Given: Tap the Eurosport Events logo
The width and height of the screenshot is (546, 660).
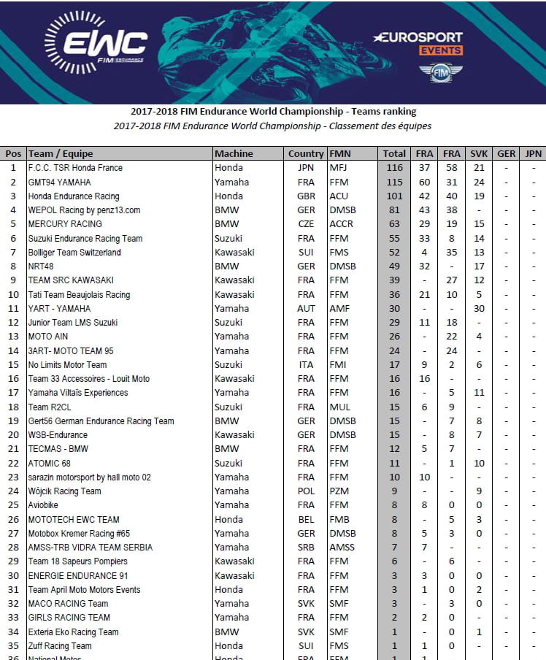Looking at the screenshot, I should [x=418, y=43].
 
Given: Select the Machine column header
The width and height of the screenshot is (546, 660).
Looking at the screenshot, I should [x=234, y=153].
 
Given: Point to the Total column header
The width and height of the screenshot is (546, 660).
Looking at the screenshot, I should [x=394, y=153].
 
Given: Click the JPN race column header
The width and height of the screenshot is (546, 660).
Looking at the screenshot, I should [x=534, y=153].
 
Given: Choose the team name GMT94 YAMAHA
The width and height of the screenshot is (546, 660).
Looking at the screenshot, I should [x=62, y=182].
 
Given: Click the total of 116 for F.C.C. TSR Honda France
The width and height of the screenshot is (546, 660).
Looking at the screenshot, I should [x=394, y=168].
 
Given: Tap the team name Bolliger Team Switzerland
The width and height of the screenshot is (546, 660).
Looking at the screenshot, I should [x=74, y=253].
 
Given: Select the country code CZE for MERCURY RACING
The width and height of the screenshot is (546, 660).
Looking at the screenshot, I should [x=306, y=224].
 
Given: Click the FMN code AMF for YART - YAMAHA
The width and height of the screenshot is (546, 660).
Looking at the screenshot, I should [x=339, y=309].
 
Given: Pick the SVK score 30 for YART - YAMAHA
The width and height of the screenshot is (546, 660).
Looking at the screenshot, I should [x=479, y=309].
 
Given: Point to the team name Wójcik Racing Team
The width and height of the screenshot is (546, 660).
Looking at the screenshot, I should [x=64, y=491].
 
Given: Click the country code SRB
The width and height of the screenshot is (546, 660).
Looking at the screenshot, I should [x=306, y=548].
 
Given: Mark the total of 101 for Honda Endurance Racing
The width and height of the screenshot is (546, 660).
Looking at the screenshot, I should [x=394, y=196].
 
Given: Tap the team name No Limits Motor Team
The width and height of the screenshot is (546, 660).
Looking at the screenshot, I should [x=67, y=365].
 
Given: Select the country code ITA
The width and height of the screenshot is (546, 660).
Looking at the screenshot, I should [x=306, y=365].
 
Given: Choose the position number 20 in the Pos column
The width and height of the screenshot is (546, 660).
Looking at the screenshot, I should [x=13, y=435].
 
